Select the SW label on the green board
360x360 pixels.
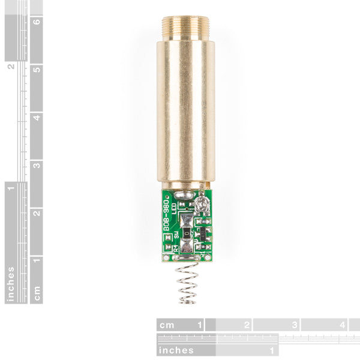tap(176, 232)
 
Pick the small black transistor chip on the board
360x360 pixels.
tap(202, 232)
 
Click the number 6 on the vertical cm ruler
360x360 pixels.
tap(37, 22)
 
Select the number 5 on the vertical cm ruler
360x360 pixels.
tap(37, 69)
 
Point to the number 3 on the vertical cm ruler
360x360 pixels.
tap(37, 165)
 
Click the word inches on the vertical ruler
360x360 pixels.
tap(11, 283)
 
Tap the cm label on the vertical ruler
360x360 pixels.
tap(37, 293)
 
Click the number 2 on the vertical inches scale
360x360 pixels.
tap(11, 66)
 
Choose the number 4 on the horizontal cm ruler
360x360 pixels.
tap(342, 325)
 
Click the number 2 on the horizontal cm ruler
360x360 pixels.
tap(246, 325)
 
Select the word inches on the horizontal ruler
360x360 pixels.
tap(176, 350)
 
